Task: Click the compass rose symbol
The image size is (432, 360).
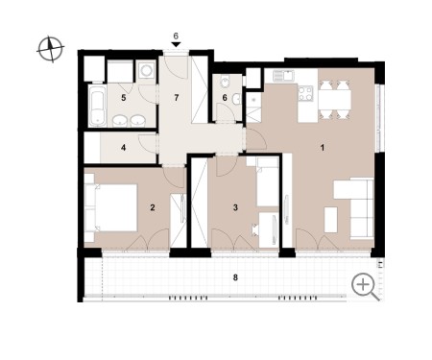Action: tap(51, 49)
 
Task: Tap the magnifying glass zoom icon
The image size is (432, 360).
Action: tap(365, 287)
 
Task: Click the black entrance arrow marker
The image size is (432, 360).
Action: tap(176, 45)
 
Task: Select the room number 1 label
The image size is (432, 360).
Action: tap(323, 148)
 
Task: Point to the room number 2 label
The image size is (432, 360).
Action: tap(153, 207)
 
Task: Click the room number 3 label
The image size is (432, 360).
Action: tap(235, 207)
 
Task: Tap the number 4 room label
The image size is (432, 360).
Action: tap(123, 148)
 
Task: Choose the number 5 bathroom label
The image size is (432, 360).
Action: tap(124, 98)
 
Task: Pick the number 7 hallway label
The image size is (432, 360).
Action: tap(177, 98)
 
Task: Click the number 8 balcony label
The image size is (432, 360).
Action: tap(235, 277)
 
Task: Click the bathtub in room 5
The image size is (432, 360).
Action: tap(97, 106)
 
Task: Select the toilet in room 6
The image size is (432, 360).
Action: tap(225, 82)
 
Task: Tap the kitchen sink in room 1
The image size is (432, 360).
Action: tap(283, 76)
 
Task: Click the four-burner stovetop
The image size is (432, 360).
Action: tap(304, 94)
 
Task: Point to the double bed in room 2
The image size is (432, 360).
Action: tap(111, 207)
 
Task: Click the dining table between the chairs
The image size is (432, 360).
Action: tap(334, 100)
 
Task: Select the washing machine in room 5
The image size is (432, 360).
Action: tap(147, 71)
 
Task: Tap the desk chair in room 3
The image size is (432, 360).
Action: tap(255, 229)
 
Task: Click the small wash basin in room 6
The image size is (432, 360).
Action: tap(236, 99)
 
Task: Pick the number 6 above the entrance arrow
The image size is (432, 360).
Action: tap(176, 36)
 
